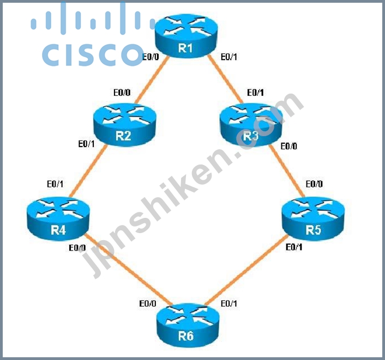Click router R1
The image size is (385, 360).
tap(186, 36)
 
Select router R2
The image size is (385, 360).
tap(124, 125)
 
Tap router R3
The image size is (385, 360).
tap(251, 125)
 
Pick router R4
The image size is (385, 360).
tap(58, 218)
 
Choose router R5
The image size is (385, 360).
tap(313, 218)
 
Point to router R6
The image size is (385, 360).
tap(188, 325)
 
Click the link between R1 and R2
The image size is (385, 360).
tap(152, 80)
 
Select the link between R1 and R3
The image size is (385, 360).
tap(225, 79)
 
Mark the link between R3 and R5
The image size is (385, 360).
tap(287, 171)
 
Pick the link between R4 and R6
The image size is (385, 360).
tap(128, 269)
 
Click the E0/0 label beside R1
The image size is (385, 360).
tap(151, 57)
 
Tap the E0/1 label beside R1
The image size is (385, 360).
tap(229, 57)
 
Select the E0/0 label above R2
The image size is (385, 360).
tap(122, 93)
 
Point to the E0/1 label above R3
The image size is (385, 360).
tap(255, 93)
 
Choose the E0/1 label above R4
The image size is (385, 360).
tap(55, 184)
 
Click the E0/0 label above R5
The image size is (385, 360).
tap(314, 184)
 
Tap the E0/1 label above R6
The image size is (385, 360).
tap(229, 303)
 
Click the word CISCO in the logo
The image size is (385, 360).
tap(93, 54)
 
